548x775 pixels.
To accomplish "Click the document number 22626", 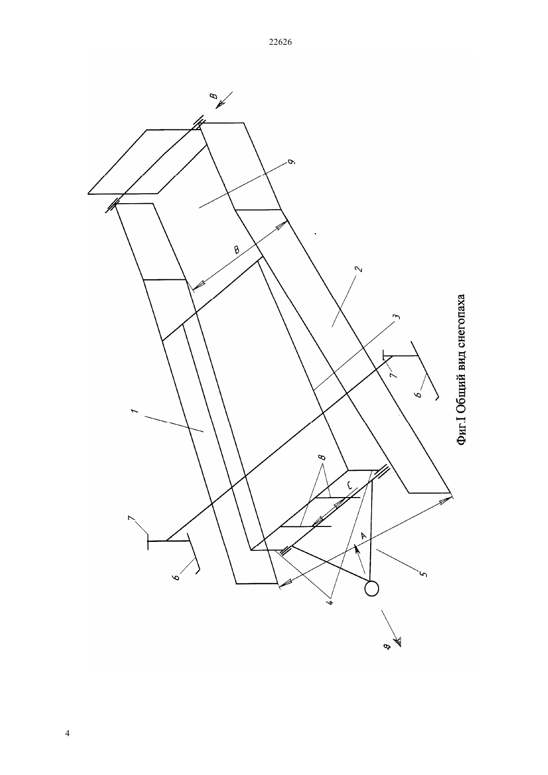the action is coord(280,42).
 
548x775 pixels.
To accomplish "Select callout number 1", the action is coord(135,411).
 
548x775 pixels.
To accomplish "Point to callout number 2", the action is coord(360,268).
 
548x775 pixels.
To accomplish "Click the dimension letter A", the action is coord(363,535).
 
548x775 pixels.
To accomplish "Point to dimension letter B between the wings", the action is coord(236,250).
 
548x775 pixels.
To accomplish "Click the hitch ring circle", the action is coord(372,588).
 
